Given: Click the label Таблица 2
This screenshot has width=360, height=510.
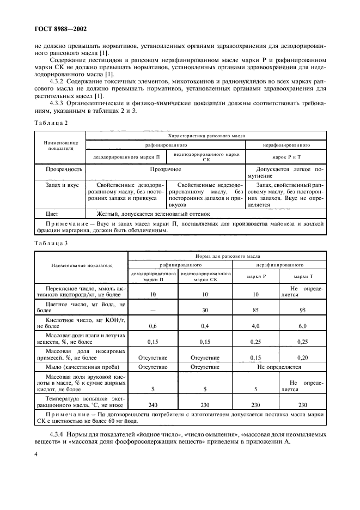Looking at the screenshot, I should [x=51, y=123].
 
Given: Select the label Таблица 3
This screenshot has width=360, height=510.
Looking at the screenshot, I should [x=51, y=243].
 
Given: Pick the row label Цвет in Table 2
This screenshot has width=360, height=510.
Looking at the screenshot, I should [x=52, y=214].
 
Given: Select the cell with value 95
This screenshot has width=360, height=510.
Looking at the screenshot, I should [x=303, y=311].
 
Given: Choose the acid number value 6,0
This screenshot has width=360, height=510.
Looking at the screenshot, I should [x=303, y=326].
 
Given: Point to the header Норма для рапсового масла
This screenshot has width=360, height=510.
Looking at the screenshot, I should [x=228, y=255].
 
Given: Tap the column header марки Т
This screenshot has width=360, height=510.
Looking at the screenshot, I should [x=303, y=276].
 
